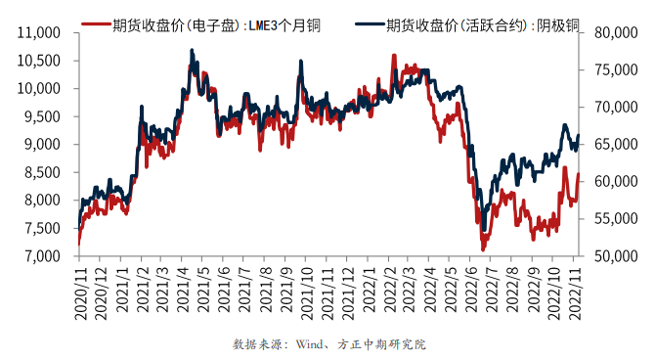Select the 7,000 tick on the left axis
click(43, 256)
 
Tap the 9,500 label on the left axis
click(43, 116)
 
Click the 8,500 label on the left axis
click(43, 172)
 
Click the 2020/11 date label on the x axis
click(79, 291)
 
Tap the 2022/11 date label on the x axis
click(577, 291)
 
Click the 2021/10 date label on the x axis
click(307, 291)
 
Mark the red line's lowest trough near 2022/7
click(482, 248)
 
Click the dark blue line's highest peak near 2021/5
click(192, 50)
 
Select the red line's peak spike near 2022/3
click(394, 56)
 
